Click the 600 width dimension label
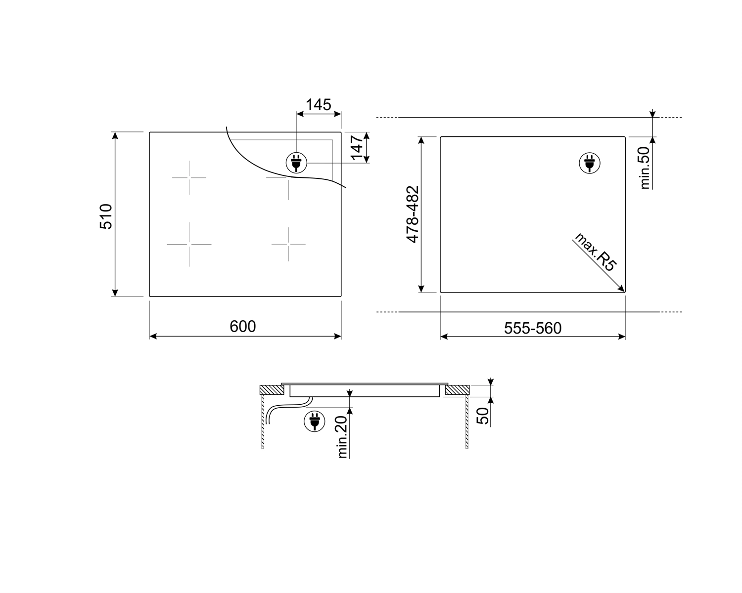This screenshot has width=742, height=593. coord(243,327)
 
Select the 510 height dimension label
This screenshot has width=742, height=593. coord(107,216)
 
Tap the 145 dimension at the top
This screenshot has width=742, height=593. coord(318,105)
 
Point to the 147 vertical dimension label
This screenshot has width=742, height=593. coord(358,148)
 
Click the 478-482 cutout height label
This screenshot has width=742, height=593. coord(413,214)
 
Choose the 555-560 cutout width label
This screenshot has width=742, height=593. coord(533,328)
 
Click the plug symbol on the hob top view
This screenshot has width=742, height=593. coord(296,162)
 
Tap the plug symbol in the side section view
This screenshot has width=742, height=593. coord(314,421)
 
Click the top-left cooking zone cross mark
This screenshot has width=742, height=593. coord(189,177)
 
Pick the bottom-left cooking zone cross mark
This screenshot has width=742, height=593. coord(189,244)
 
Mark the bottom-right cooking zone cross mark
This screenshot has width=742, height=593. coord(288,244)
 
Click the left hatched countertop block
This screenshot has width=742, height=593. coord(272,390)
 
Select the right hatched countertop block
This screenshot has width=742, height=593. coord(457,390)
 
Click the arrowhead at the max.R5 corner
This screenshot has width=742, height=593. coord(622,290)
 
